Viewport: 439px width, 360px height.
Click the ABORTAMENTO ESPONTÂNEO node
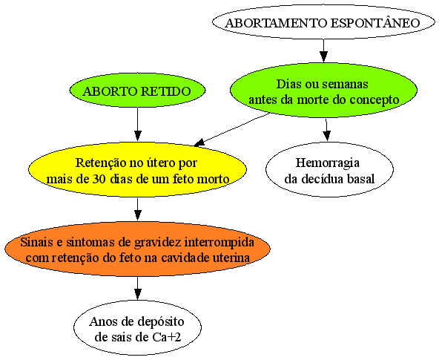pyautogui.click(x=323, y=22)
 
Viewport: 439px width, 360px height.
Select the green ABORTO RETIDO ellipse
pyautogui.click(x=137, y=91)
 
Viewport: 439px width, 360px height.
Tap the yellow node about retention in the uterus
pyautogui.click(x=137, y=169)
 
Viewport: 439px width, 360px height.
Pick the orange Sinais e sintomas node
pyautogui.click(x=137, y=249)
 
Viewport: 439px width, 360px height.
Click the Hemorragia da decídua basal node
pyautogui.click(x=329, y=169)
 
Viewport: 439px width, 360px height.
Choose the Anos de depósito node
pyautogui.click(x=137, y=328)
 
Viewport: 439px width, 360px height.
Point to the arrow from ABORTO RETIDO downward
pyautogui.click(x=137, y=124)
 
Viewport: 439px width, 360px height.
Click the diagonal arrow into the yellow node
pyautogui.click(x=232, y=129)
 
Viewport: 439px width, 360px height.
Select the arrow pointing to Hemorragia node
pyautogui.click(x=326, y=129)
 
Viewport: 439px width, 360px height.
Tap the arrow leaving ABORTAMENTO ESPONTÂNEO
pyautogui.click(x=323, y=50)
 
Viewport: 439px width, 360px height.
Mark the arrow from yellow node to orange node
pyautogui.click(x=137, y=209)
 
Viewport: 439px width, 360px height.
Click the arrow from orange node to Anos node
pyautogui.click(x=137, y=288)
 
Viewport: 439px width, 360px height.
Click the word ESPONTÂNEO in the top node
pyautogui.click(x=375, y=22)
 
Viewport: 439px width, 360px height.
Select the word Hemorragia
pyautogui.click(x=328, y=163)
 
